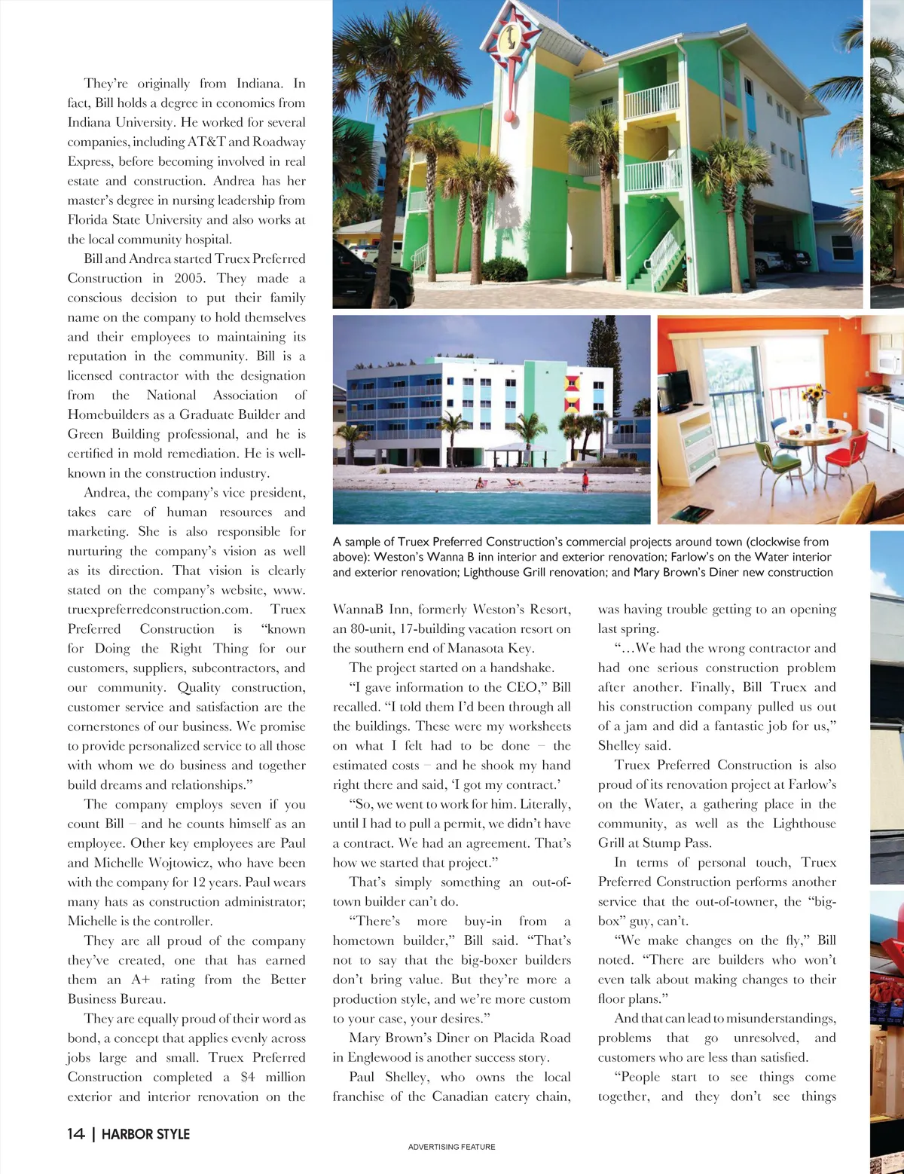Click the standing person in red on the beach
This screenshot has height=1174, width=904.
[x=585, y=480]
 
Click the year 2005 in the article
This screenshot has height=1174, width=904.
[x=189, y=278]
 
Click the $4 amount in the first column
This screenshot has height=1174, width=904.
[x=248, y=1077]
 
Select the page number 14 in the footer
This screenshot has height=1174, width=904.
[x=75, y=1134]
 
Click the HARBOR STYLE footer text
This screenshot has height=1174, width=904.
[x=145, y=1134]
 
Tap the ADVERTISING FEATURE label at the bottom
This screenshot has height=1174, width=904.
[x=451, y=1147]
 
